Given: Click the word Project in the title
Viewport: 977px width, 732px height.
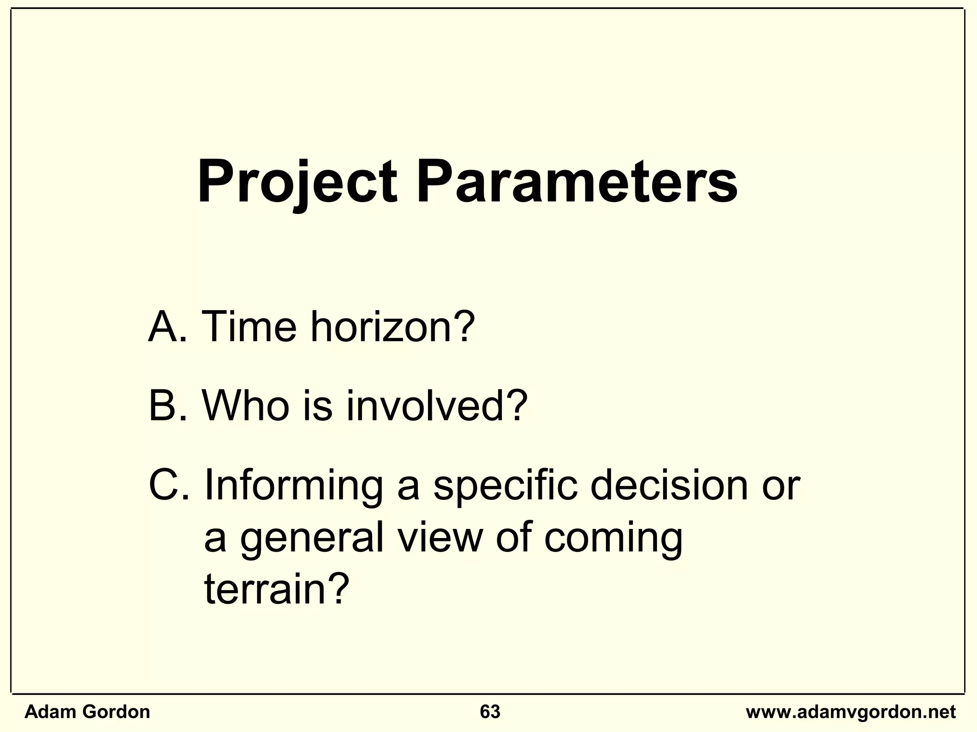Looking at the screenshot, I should tap(297, 183).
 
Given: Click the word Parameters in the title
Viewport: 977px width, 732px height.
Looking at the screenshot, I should tap(577, 183).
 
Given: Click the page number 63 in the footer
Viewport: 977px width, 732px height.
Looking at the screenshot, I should tap(490, 712).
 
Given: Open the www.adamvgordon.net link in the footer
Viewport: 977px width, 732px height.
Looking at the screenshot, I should tap(851, 712).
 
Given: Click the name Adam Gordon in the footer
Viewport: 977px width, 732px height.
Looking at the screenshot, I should tap(87, 712).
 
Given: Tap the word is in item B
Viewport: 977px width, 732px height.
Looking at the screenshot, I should tap(317, 406).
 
